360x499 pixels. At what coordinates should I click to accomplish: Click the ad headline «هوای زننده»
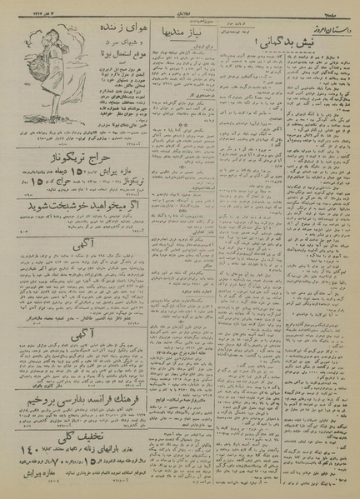point(98,31)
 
